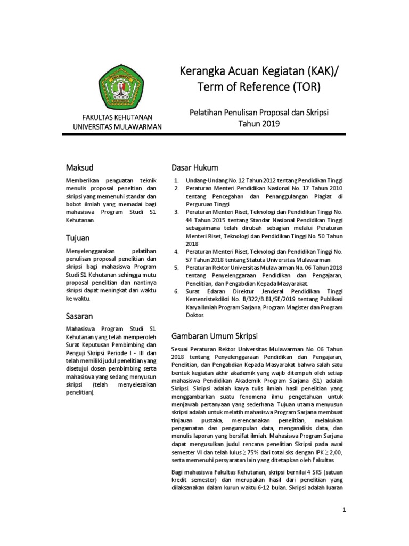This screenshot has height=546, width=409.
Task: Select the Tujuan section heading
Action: click(78, 238)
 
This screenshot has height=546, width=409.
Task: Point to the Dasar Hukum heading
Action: click(195, 168)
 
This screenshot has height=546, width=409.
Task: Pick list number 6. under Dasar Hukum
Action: click(176, 291)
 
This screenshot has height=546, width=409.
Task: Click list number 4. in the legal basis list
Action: click(176, 251)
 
